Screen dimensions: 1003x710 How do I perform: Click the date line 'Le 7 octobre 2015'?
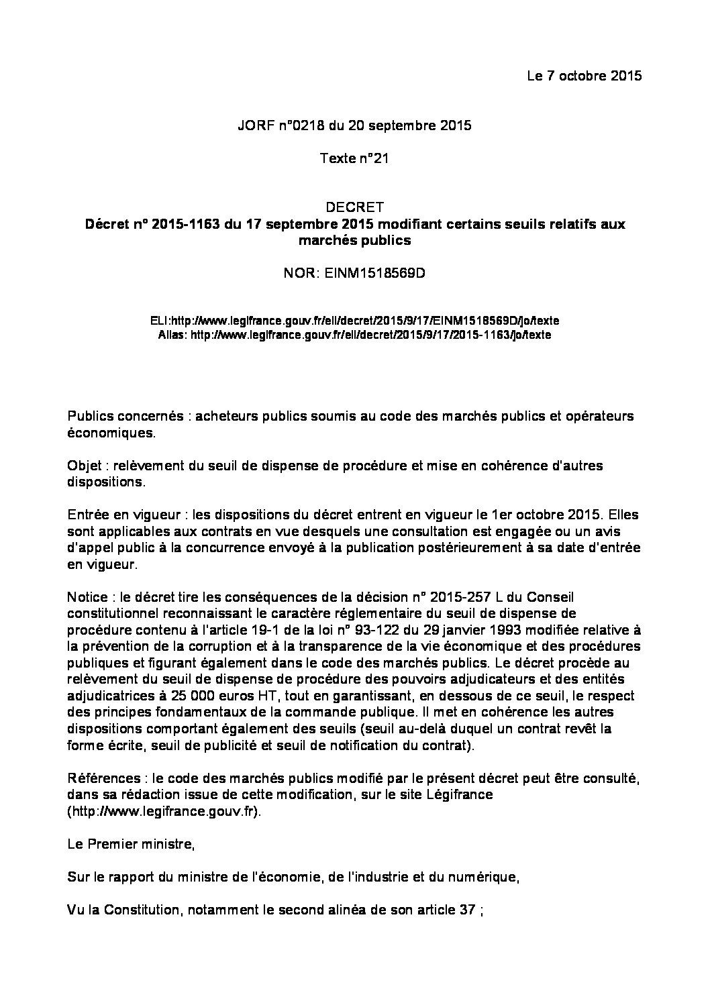[584, 75]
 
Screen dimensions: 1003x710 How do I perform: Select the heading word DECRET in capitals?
[354, 207]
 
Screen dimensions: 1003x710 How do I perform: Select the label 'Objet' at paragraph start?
[84, 466]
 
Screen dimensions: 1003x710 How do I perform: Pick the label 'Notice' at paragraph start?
[88, 597]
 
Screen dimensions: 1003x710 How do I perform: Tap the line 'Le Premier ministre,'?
[131, 844]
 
